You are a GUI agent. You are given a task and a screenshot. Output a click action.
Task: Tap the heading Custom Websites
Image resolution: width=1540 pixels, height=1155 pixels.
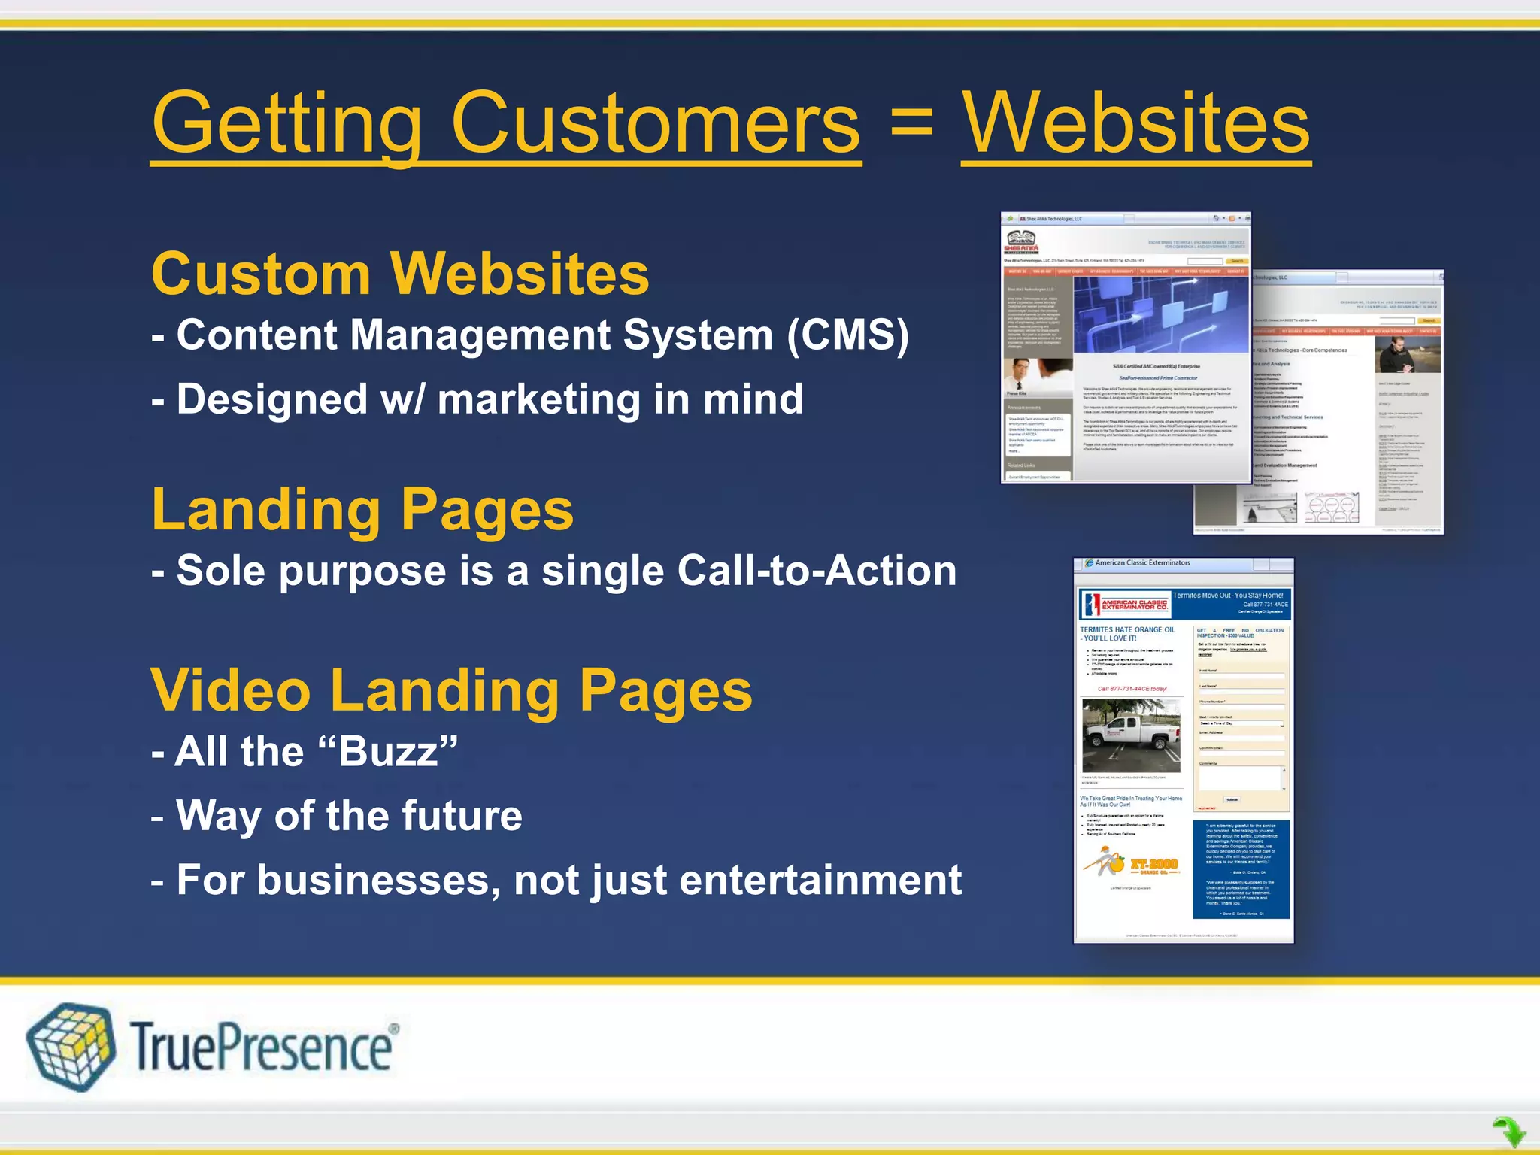[x=400, y=274]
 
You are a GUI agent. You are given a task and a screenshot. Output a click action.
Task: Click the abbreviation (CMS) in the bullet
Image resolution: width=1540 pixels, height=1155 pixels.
[x=847, y=335]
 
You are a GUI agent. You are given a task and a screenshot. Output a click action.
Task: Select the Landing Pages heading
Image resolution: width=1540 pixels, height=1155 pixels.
[x=362, y=510]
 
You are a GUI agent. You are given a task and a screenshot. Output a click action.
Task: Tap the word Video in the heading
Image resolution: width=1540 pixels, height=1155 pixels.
[x=231, y=690]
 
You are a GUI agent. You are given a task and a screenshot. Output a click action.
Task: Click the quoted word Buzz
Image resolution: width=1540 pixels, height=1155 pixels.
[x=388, y=751]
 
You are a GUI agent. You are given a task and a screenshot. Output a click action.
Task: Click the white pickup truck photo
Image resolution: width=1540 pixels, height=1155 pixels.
[x=1130, y=735]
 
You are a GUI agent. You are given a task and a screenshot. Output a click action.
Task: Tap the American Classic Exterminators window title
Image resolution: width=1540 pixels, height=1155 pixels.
[x=1142, y=563]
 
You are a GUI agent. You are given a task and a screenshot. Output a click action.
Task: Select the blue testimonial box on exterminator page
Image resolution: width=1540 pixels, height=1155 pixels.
[x=1241, y=869]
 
